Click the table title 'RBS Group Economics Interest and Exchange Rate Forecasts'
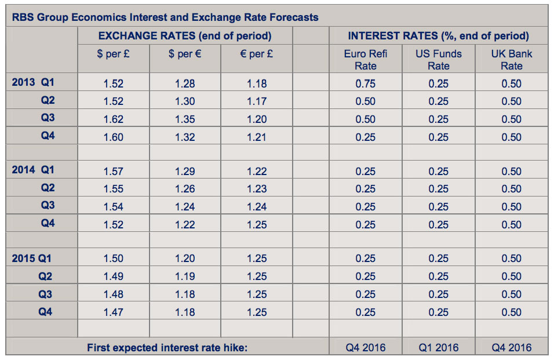[x=165, y=17]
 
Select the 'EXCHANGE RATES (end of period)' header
[x=185, y=36]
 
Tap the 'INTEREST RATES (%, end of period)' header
[x=438, y=36]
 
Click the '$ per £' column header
[x=113, y=54]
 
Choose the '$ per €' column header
[x=185, y=54]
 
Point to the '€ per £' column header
[x=257, y=54]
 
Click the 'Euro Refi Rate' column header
[x=366, y=60]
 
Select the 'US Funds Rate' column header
[x=439, y=60]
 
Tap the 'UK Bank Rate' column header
[x=512, y=60]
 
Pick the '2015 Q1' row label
[x=33, y=258]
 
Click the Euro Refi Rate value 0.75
[x=366, y=83]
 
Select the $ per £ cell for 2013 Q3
[x=113, y=119]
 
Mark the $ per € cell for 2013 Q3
[x=185, y=119]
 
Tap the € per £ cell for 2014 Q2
[x=257, y=189]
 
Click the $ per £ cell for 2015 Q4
[x=113, y=312]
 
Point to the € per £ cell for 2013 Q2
[x=257, y=101]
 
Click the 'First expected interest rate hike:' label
[x=167, y=348]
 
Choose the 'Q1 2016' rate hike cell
[x=439, y=348]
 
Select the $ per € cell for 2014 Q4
[x=185, y=225]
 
